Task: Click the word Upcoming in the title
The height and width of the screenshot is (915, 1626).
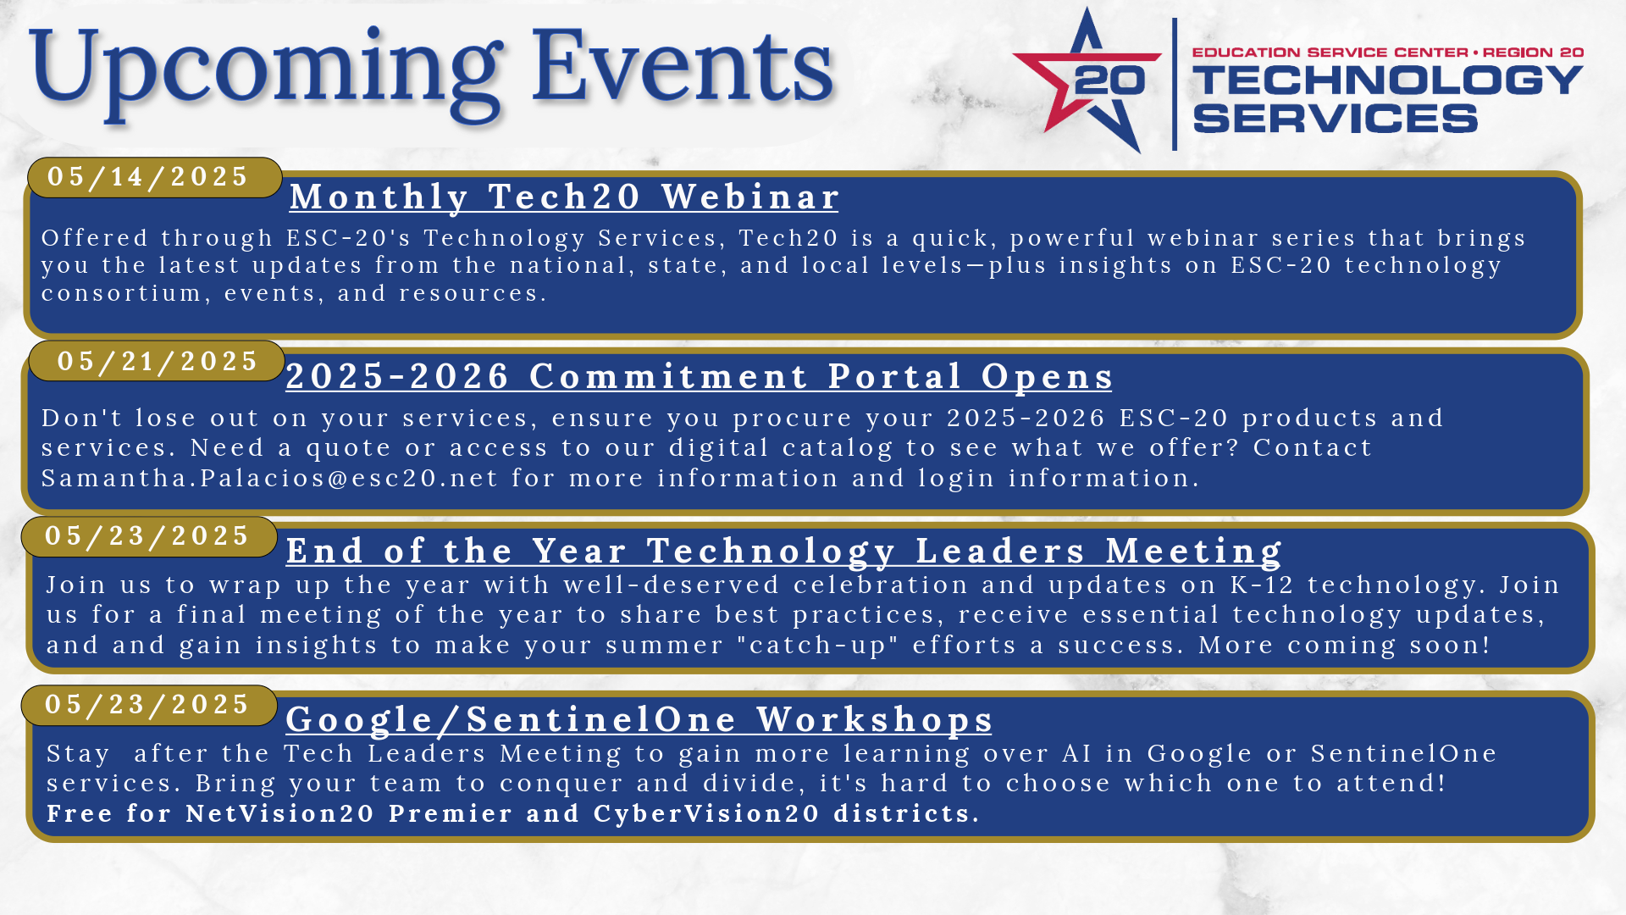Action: [266, 75]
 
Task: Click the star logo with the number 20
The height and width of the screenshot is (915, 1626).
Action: [1087, 81]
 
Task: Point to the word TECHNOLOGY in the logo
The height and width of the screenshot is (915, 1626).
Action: [1388, 80]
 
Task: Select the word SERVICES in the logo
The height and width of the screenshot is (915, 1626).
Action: [1336, 119]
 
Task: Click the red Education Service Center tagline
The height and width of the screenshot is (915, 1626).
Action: [1388, 53]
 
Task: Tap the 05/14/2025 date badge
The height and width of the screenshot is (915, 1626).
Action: [155, 177]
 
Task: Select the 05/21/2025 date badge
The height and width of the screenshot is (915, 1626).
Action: [157, 361]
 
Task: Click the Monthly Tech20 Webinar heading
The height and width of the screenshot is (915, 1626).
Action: [564, 197]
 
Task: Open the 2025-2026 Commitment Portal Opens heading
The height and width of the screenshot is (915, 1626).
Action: [700, 377]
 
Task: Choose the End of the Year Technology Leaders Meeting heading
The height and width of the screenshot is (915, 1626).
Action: [784, 551]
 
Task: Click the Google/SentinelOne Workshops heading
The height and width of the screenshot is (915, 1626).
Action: [639, 720]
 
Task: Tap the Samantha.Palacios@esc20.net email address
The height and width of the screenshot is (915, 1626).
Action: [270, 479]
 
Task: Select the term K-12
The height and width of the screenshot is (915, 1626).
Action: [1262, 585]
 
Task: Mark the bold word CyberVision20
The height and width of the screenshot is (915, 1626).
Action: [706, 814]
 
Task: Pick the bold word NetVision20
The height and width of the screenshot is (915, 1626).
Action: [280, 814]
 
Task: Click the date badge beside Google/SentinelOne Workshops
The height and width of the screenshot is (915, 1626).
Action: [149, 705]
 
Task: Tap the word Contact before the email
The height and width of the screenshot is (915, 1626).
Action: [1312, 448]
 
